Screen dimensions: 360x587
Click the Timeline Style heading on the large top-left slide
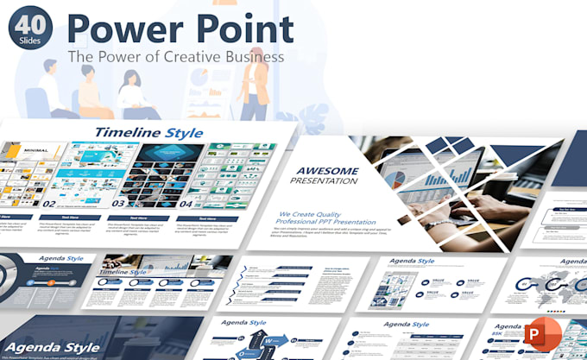[x=148, y=132]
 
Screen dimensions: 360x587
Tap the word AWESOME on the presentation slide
[x=327, y=171]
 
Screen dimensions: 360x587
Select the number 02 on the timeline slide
[x=50, y=205]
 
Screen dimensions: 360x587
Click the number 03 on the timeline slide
[x=117, y=205]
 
